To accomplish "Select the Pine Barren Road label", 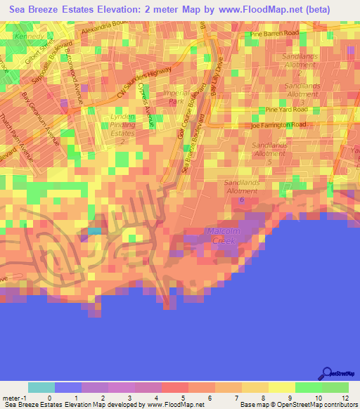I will [x=275, y=33].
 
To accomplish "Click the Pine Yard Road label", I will [x=286, y=110].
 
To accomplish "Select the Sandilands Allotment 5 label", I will [x=270, y=152].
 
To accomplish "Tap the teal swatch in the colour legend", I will [x=41, y=387].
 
